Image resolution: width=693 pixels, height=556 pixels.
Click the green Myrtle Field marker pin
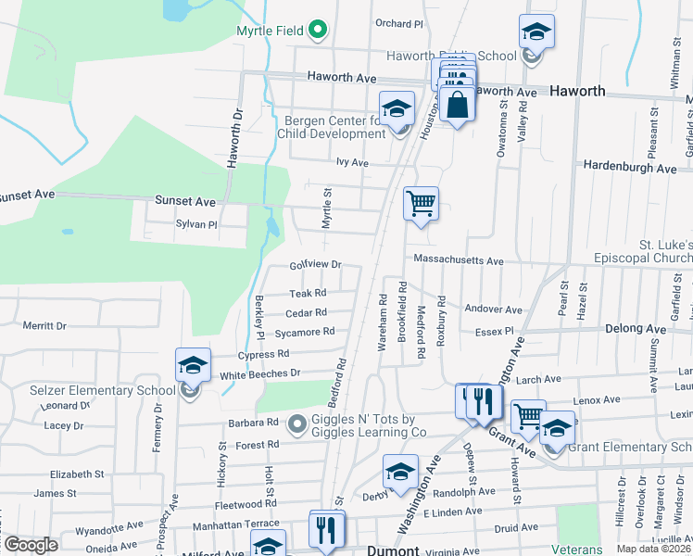pyautogui.click(x=318, y=30)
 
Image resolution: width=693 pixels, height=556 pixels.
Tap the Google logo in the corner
pyautogui.click(x=31, y=544)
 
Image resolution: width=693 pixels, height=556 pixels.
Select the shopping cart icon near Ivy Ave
pyautogui.click(x=421, y=203)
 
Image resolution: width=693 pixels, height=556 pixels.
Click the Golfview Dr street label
pyautogui.click(x=316, y=265)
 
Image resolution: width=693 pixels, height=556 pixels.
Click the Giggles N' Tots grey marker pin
pyautogui.click(x=296, y=424)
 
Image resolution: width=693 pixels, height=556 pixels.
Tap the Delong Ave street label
pyautogui.click(x=636, y=329)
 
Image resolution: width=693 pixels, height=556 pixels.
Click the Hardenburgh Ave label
pyautogui.click(x=630, y=168)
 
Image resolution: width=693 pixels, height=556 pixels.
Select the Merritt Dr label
pyautogui.click(x=45, y=325)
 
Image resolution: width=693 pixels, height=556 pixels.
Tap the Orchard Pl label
pyautogui.click(x=398, y=23)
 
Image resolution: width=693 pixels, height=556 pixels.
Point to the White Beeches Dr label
pyautogui.click(x=261, y=373)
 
